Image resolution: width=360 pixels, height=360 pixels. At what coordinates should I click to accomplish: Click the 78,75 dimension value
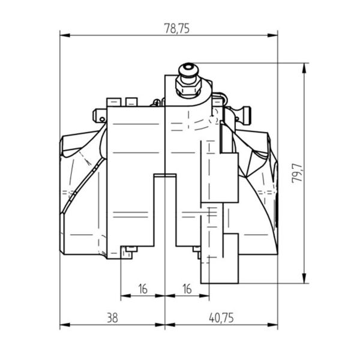(177, 28)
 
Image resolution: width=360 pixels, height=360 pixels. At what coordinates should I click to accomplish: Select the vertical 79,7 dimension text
(297, 173)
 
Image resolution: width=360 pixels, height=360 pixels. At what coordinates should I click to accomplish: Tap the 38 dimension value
(113, 318)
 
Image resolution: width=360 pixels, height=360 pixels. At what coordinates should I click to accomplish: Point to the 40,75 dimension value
(221, 318)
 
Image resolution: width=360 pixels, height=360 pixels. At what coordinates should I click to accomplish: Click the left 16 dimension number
(143, 289)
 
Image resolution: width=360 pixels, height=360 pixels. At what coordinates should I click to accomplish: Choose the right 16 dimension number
(187, 289)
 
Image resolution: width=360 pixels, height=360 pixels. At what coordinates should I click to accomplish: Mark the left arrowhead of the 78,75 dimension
(65, 35)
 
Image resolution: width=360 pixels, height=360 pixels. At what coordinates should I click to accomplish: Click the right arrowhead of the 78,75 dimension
(272, 35)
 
